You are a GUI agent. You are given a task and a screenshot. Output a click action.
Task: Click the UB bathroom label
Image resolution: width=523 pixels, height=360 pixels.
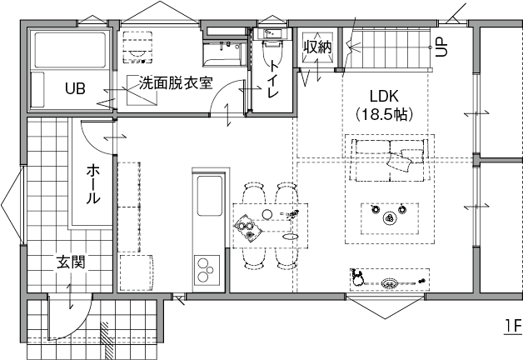click(76, 87)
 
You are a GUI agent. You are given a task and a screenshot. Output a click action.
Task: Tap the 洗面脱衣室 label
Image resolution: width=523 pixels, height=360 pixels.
click(176, 83)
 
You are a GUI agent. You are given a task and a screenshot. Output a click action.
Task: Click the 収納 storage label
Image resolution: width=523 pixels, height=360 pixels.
click(317, 47)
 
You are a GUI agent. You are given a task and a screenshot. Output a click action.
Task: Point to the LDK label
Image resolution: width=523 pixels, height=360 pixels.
click(385, 95)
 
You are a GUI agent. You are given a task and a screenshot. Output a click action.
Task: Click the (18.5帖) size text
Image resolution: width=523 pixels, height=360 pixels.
click(385, 113)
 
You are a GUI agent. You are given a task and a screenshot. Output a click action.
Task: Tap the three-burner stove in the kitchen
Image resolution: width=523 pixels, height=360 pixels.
click(204, 270)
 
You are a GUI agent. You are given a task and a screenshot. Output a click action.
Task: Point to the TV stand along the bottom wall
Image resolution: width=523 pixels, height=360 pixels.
click(389, 281)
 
